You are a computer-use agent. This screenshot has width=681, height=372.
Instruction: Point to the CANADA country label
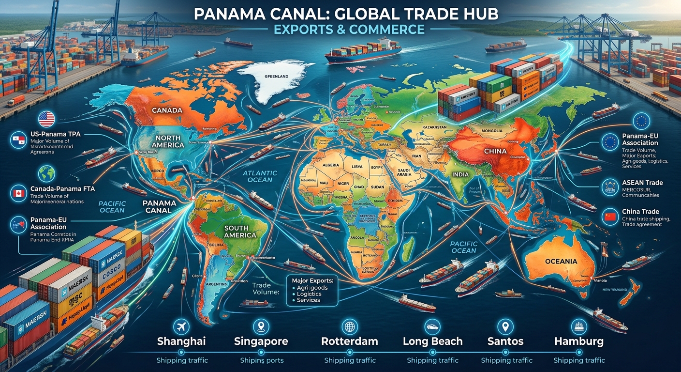167,110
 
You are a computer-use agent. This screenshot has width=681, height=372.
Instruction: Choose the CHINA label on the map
495,151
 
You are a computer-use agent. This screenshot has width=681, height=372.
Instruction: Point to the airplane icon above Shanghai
182,325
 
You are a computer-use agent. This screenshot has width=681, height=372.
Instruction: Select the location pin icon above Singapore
261,325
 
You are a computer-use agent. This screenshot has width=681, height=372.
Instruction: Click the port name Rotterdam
349,341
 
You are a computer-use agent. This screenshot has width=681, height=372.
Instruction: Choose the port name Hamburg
579,341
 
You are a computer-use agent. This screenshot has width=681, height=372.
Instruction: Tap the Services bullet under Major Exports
308,300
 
